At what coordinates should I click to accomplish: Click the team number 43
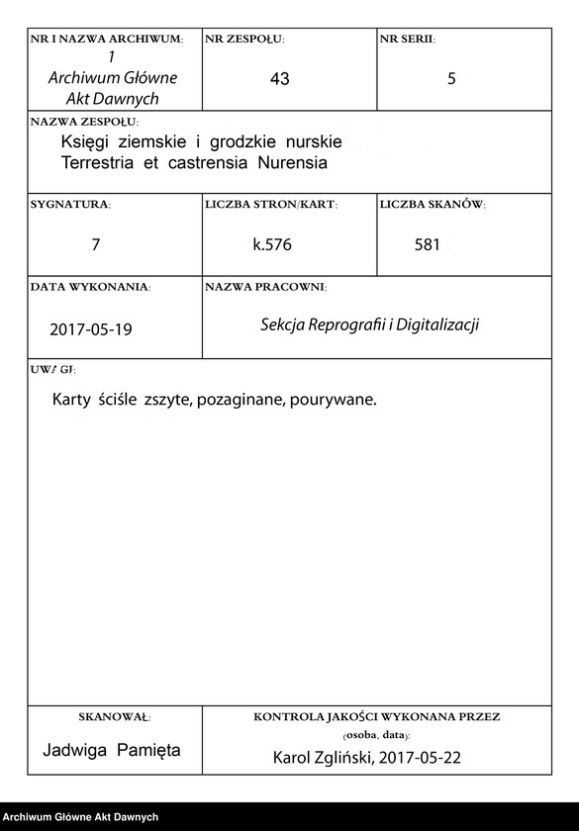click(279, 78)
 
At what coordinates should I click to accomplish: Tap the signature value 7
click(95, 243)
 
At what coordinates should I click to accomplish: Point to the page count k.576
click(272, 244)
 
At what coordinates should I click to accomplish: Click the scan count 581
click(428, 244)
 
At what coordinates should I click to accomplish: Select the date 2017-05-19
click(90, 329)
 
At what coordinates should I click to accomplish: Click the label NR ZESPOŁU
click(244, 40)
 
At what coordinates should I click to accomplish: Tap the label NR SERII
click(407, 40)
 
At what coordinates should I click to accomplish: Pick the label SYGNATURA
click(70, 205)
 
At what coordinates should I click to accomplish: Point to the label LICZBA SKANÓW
click(432, 205)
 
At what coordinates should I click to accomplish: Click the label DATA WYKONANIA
click(90, 287)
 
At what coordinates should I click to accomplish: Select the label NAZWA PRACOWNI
click(265, 287)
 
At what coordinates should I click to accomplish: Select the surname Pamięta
click(147, 750)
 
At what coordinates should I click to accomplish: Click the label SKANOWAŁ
click(114, 715)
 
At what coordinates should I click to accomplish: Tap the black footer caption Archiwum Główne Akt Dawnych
click(80, 817)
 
